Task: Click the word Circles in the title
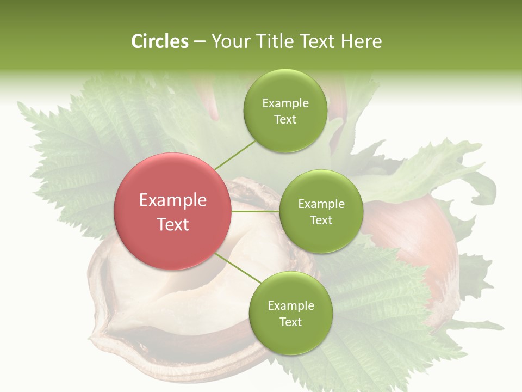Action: (160, 41)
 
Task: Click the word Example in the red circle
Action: (173, 200)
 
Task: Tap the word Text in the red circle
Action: (173, 224)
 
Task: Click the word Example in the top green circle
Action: (285, 103)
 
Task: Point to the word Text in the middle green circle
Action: (321, 220)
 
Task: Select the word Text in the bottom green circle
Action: (290, 322)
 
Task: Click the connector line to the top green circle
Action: (235, 155)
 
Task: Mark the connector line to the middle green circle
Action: (255, 211)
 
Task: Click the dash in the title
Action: (199, 41)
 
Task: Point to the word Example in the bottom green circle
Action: (291, 306)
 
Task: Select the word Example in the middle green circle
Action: (321, 204)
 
